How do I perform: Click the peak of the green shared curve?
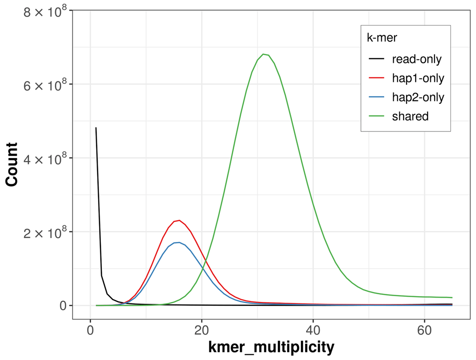tap(263, 54)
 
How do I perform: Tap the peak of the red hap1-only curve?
tap(179, 220)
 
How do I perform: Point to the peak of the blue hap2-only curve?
tap(179, 242)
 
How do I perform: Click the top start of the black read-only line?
tap(96, 128)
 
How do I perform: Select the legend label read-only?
tap(416, 59)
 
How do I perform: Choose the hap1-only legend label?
tap(418, 78)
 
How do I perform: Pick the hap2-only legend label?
tap(418, 97)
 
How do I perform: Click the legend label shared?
tap(410, 116)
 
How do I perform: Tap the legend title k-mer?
tap(382, 38)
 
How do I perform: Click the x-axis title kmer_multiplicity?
tap(271, 347)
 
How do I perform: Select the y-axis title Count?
tap(11, 164)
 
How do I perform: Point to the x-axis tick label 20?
tap(201, 330)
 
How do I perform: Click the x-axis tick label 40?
tap(313, 330)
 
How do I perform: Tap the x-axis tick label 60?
tap(425, 330)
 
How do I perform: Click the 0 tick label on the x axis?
tap(90, 330)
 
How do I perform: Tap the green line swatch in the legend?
tap(377, 116)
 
